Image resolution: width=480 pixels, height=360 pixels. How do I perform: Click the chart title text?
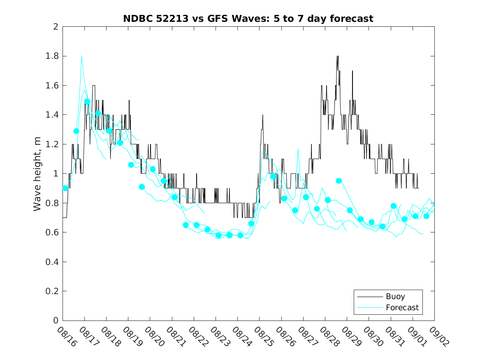click(x=248, y=19)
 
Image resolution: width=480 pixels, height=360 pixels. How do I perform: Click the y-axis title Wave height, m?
click(x=37, y=174)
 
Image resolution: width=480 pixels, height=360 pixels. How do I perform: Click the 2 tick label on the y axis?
click(x=56, y=27)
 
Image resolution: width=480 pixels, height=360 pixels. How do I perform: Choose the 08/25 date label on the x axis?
click(x=262, y=337)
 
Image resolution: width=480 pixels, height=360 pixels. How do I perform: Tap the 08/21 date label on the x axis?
click(x=175, y=337)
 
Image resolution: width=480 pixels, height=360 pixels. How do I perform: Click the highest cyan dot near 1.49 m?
click(x=87, y=102)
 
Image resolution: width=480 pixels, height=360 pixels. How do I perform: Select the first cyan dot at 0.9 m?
click(x=65, y=188)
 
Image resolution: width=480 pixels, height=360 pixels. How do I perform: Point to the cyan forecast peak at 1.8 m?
click(x=81, y=56)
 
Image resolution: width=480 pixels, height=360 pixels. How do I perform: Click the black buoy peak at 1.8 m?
click(x=337, y=56)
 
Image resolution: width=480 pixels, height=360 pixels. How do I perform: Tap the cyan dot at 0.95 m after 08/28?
click(x=339, y=181)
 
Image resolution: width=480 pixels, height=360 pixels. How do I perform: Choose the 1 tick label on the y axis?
click(x=56, y=174)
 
